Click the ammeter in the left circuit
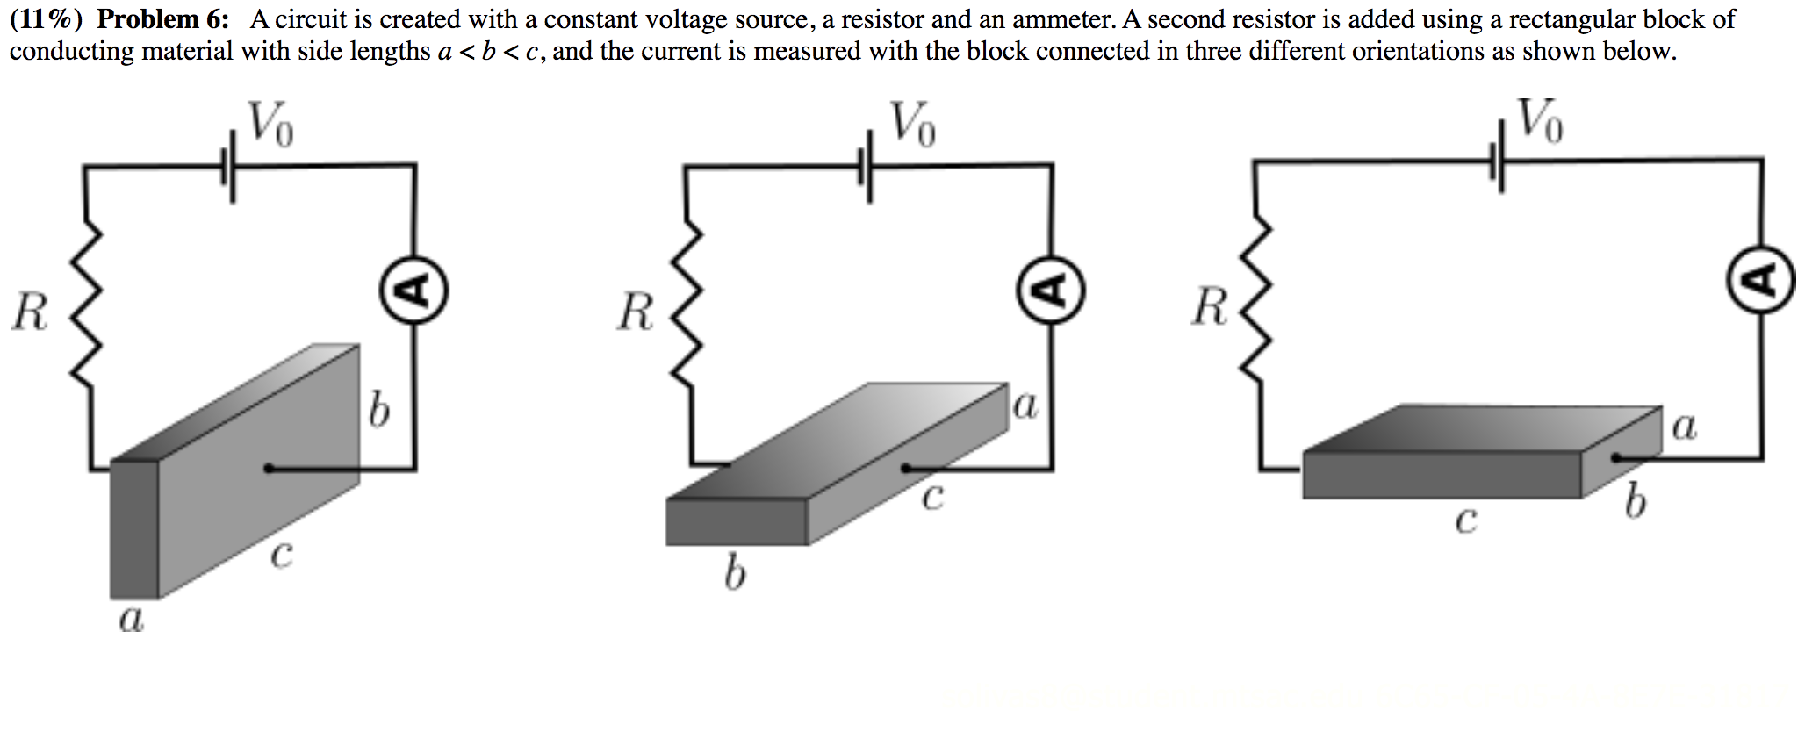pyautogui.click(x=414, y=291)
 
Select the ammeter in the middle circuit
pyautogui.click(x=1052, y=291)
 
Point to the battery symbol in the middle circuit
pyautogui.click(x=867, y=166)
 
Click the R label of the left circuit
pyautogui.click(x=30, y=312)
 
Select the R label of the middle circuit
pyautogui.click(x=636, y=312)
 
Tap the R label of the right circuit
pyautogui.click(x=1211, y=307)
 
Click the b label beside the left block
pyautogui.click(x=378, y=409)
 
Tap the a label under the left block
pyautogui.click(x=131, y=620)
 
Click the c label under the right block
pyautogui.click(x=1465, y=520)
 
